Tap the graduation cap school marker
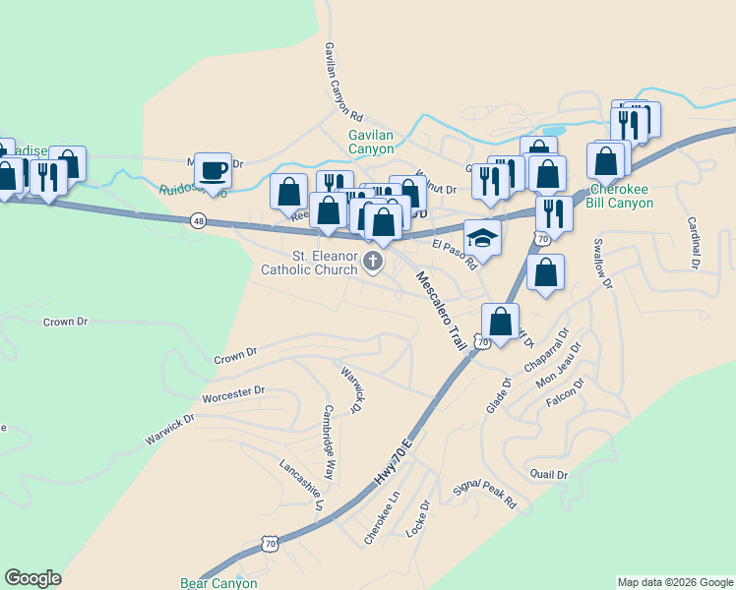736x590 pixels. click(x=481, y=237)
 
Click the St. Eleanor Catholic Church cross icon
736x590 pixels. click(x=373, y=261)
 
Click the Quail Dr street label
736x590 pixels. click(x=549, y=475)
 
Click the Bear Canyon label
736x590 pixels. click(x=218, y=583)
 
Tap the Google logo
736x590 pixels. click(x=32, y=579)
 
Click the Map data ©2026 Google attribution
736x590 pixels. click(x=675, y=582)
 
